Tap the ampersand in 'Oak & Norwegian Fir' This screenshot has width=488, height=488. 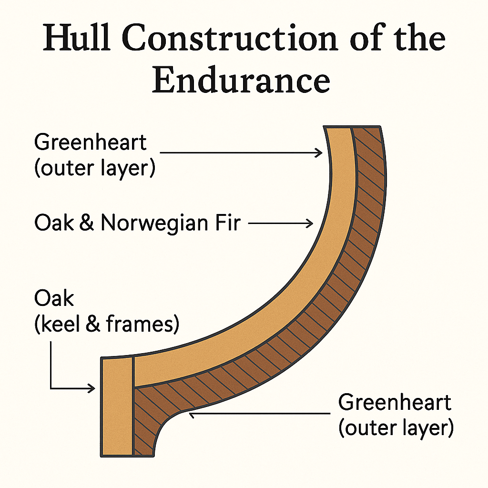pos(86,223)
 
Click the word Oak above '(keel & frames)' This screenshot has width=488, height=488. pos(54,299)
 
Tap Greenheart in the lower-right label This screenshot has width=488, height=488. pos(395,403)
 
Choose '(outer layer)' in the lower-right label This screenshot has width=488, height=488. pos(396,428)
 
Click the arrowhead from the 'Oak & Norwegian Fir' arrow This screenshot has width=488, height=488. pos(310,223)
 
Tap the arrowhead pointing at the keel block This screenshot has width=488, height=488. pos(92,388)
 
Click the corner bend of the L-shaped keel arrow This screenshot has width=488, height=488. pos(51,388)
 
